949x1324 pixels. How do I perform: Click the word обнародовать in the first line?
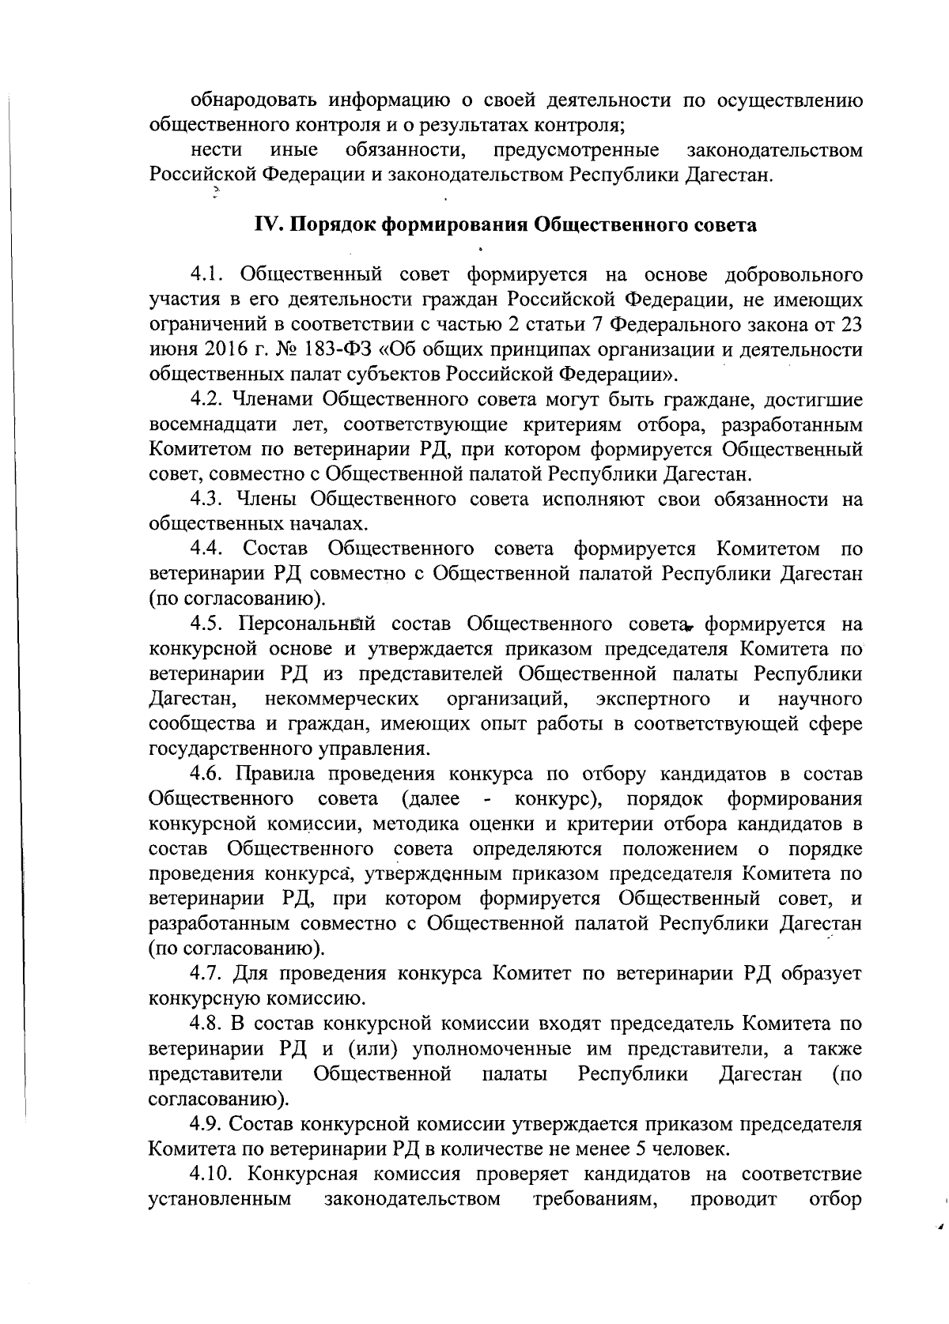248,100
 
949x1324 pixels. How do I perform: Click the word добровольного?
793,274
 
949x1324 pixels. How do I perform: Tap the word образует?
822,973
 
